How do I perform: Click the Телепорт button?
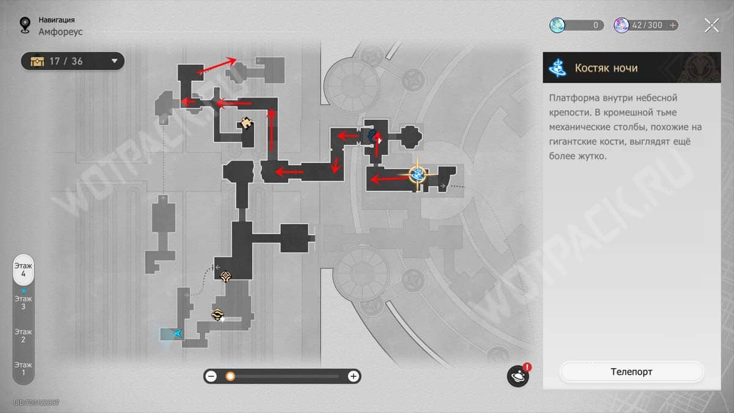click(x=631, y=372)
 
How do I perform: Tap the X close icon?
click(x=712, y=26)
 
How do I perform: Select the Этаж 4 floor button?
click(x=23, y=269)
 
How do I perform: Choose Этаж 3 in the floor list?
click(x=23, y=302)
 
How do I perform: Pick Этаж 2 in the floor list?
click(x=23, y=336)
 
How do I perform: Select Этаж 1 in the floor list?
click(x=23, y=369)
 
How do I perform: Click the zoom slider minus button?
click(x=212, y=376)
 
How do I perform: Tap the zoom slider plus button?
click(x=354, y=376)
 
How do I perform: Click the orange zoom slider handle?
click(x=231, y=376)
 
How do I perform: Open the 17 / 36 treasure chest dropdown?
click(x=73, y=61)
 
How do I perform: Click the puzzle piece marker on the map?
click(x=246, y=123)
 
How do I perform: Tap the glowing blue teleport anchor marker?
click(x=417, y=174)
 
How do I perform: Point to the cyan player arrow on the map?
click(x=177, y=333)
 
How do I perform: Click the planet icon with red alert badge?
click(x=518, y=376)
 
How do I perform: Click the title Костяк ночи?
click(x=606, y=68)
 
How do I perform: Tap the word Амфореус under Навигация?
click(x=61, y=32)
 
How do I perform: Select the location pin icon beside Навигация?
click(x=25, y=25)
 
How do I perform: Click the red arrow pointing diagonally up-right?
click(x=217, y=65)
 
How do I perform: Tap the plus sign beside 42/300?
click(x=672, y=25)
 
